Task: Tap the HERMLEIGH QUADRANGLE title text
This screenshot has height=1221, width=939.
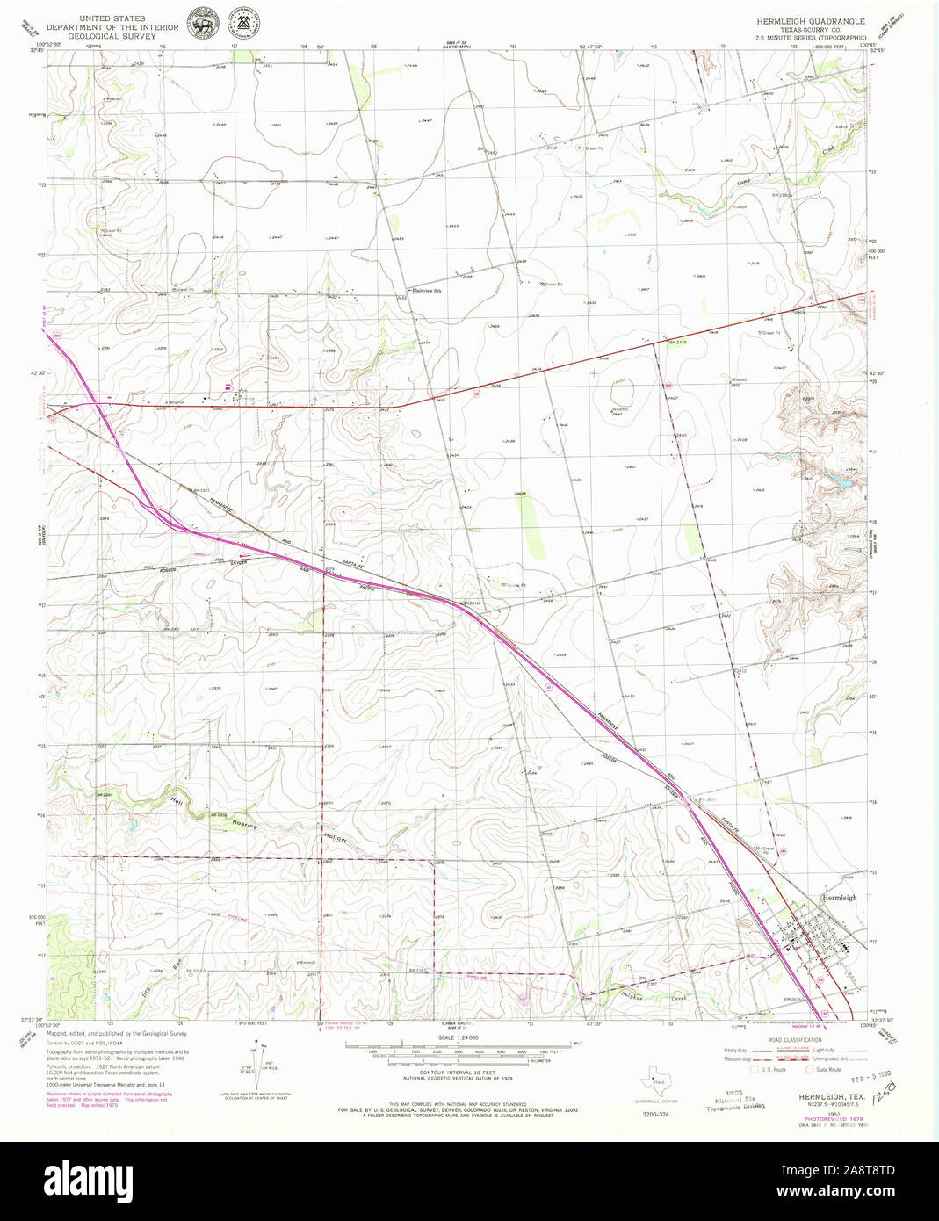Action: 811,20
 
